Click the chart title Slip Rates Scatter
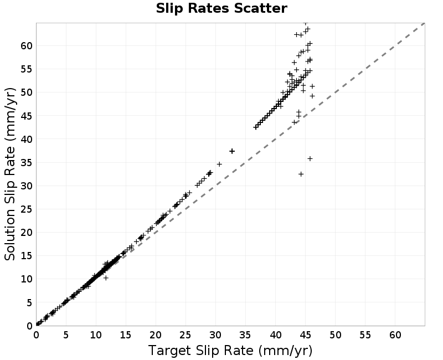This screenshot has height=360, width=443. point(221,8)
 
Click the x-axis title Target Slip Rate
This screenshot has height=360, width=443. point(200,351)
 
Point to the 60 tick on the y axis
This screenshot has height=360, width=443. point(27,45)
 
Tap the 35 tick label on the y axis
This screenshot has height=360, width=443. point(27,162)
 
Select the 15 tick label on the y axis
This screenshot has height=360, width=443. point(27,256)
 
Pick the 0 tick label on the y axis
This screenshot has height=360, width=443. point(30,326)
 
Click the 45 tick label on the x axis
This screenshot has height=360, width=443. point(305,335)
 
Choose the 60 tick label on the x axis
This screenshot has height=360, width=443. point(395,335)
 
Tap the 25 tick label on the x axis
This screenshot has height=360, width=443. point(186,335)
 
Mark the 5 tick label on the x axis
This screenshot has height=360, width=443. point(66,335)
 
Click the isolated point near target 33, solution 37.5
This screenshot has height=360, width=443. point(232,151)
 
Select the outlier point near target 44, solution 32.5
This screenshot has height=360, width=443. point(301,174)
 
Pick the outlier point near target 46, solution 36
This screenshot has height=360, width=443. point(310,159)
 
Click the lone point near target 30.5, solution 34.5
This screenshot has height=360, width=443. point(219,164)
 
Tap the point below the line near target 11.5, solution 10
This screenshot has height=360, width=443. point(106,278)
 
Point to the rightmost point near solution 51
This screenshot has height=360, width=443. point(312,86)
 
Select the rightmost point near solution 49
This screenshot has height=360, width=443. point(312,96)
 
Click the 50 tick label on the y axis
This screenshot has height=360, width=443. point(27,92)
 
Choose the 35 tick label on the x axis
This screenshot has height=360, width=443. point(245,335)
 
